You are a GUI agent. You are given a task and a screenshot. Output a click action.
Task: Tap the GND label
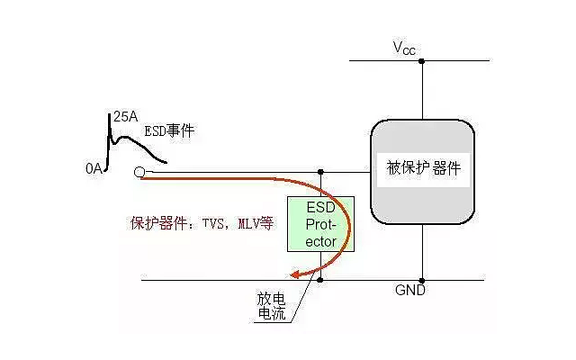[409, 292]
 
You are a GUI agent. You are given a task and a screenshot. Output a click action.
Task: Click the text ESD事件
[169, 131]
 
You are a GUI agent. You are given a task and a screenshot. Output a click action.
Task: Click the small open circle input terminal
[139, 172]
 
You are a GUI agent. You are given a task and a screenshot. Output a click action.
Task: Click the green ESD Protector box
[321, 224]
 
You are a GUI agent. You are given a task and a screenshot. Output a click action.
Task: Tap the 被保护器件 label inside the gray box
[423, 169]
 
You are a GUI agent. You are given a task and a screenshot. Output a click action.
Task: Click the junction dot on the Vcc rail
[422, 61]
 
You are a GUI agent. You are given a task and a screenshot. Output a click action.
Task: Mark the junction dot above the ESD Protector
[321, 171]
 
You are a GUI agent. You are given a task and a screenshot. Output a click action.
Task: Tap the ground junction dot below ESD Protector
[321, 280]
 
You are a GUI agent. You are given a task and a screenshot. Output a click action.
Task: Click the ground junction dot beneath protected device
[422, 280]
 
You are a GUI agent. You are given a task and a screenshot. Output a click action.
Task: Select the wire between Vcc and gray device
[422, 90]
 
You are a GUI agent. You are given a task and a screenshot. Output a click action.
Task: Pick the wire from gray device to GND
[422, 252]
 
